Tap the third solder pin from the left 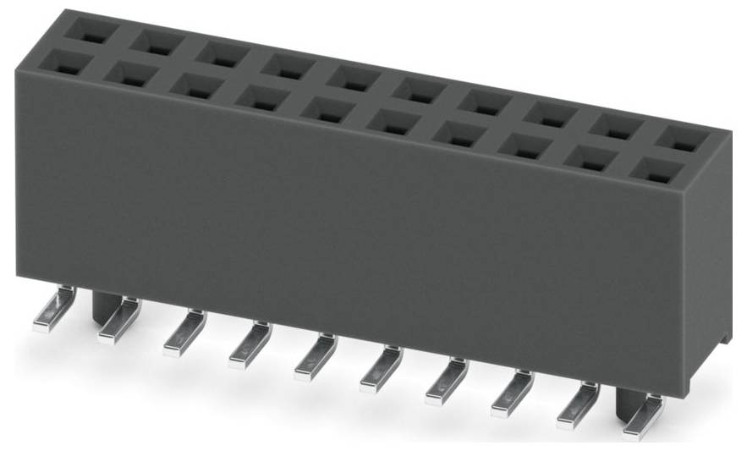tap(184, 333)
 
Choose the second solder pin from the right tap(578, 404)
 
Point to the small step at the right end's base tap(723, 337)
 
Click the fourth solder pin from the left tap(250, 344)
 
